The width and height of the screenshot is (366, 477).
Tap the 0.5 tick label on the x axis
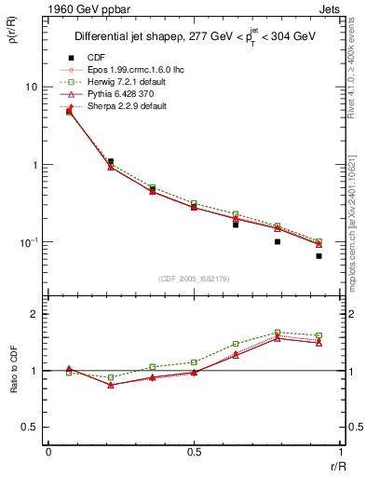pos(194,453)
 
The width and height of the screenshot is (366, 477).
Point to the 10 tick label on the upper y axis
pos(32,87)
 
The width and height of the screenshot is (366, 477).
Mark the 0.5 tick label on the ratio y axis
pos(30,428)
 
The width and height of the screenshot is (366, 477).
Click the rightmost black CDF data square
pos(319,255)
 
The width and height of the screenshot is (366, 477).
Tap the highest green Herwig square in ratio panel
pos(278,333)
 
